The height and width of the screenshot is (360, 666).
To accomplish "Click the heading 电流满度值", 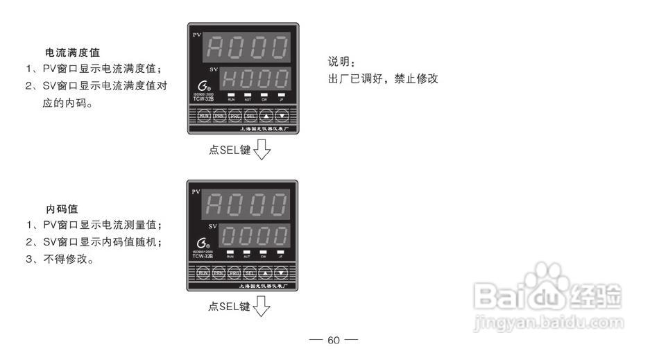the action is click(x=72, y=53).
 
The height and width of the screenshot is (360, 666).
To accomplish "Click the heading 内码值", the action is click(x=62, y=209).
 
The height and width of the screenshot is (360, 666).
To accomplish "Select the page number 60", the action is click(x=334, y=340).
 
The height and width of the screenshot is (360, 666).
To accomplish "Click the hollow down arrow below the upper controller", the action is click(x=262, y=149).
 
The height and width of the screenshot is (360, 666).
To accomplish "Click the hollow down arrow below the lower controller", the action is click(x=262, y=306).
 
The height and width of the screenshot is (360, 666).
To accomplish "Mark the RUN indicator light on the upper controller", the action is click(x=230, y=94).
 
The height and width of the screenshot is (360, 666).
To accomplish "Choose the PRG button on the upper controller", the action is click(x=234, y=116).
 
